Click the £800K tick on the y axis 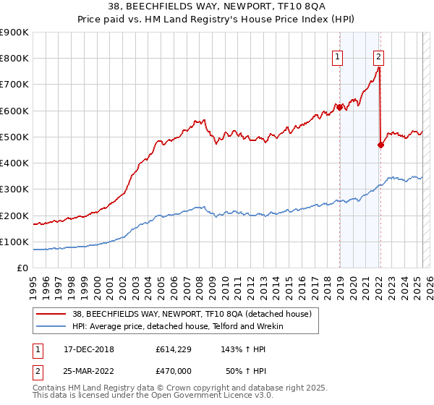tap(14, 59)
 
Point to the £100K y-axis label tap(14, 242)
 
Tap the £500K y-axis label tap(14, 137)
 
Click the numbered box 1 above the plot tap(338, 59)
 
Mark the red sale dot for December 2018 tap(339, 107)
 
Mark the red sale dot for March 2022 tap(381, 145)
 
